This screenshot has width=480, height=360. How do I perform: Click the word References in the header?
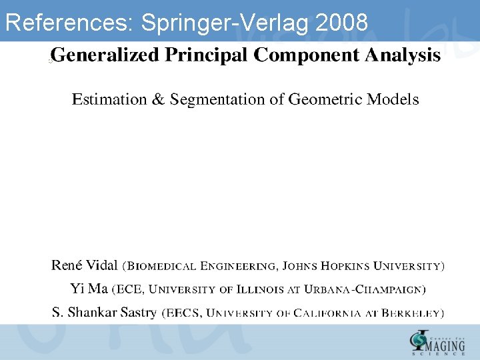click(x=69, y=23)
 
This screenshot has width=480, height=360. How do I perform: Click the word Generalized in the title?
click(x=105, y=55)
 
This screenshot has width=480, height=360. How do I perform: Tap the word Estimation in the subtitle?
click(x=109, y=99)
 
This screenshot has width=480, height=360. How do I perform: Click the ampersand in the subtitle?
click(x=158, y=99)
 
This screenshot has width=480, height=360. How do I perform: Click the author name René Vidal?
click(x=85, y=265)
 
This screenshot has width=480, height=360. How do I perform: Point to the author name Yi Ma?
click(x=88, y=289)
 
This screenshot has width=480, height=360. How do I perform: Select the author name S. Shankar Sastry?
click(x=105, y=312)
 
